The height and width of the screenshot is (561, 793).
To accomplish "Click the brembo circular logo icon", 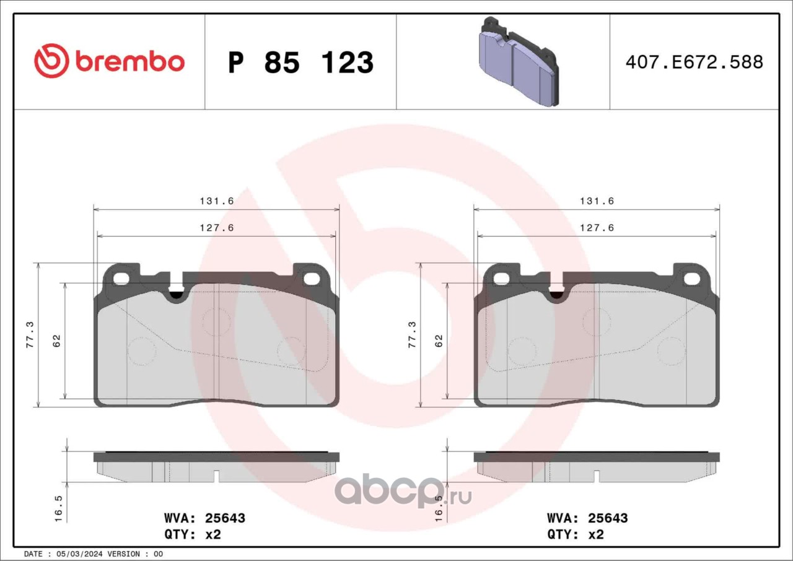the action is click(51, 61).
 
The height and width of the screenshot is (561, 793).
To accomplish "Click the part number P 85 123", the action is click(301, 63).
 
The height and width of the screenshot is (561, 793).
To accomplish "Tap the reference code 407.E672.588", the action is click(694, 63).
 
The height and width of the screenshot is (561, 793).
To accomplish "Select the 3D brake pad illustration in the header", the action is click(519, 62).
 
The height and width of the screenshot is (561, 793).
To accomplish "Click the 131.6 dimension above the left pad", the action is click(217, 201).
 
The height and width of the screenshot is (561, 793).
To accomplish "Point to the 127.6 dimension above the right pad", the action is click(597, 228).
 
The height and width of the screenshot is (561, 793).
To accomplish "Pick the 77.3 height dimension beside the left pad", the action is click(30, 334).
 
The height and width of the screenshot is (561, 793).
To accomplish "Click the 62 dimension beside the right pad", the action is click(439, 341).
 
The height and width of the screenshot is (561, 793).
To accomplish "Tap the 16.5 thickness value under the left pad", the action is click(58, 508).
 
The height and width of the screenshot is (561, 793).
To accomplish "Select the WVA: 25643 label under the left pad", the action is click(204, 518).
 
